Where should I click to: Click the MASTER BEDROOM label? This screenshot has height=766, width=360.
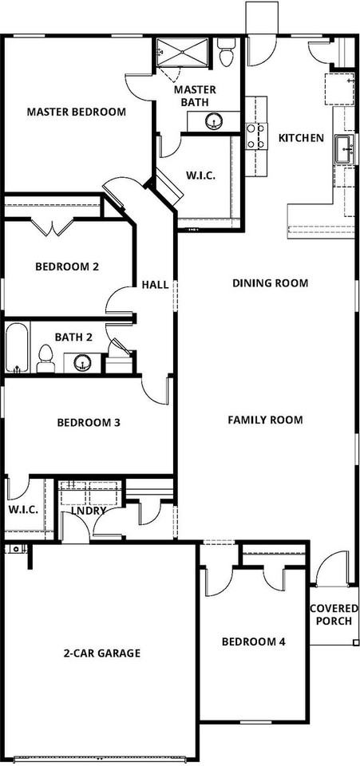[76, 112]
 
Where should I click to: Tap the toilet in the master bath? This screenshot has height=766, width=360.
[226, 53]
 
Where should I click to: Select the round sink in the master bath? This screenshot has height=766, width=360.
[213, 121]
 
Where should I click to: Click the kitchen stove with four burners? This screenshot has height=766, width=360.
[256, 136]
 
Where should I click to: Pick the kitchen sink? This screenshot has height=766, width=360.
[345, 150]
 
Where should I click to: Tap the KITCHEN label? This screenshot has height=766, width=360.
[301, 138]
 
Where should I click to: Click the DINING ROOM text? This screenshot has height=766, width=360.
[270, 282]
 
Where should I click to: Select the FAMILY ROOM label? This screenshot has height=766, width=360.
[265, 420]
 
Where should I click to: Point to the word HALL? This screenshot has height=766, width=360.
[155, 285]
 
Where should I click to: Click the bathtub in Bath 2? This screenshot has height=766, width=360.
[18, 348]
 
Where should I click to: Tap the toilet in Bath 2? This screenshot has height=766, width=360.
[45, 358]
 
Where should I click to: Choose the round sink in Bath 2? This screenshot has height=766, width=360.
[82, 362]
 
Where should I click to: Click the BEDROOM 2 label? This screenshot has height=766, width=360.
[67, 267]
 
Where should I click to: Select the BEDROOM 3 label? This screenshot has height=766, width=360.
[89, 423]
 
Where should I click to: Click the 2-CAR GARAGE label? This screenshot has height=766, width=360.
[102, 653]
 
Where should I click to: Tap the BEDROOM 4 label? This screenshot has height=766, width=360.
[254, 642]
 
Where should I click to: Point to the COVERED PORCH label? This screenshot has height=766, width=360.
[334, 615]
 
